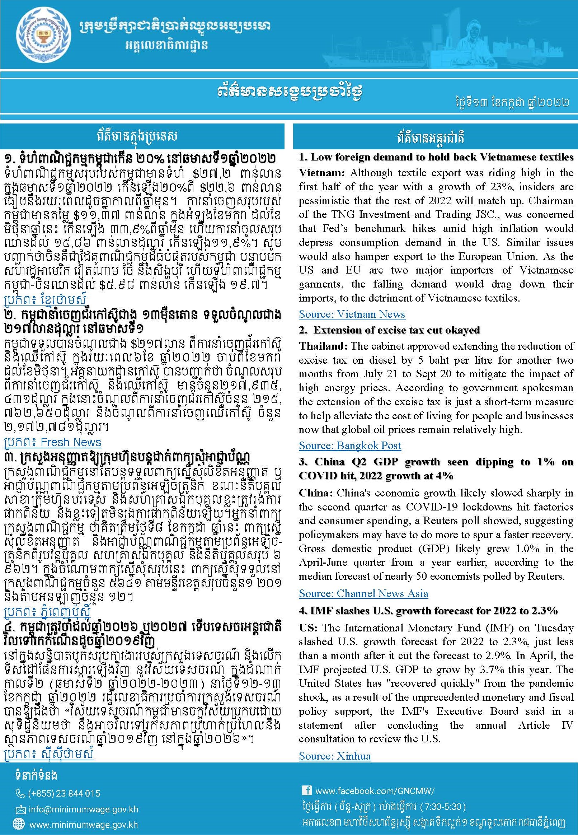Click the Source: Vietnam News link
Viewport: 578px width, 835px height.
click(x=352, y=314)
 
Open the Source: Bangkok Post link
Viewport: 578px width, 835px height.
click(x=350, y=446)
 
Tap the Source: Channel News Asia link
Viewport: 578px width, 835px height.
click(x=363, y=593)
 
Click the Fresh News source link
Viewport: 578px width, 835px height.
click(x=52, y=442)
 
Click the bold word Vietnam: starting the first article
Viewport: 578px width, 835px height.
click(x=322, y=173)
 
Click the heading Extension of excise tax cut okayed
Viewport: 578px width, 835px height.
click(x=396, y=330)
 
